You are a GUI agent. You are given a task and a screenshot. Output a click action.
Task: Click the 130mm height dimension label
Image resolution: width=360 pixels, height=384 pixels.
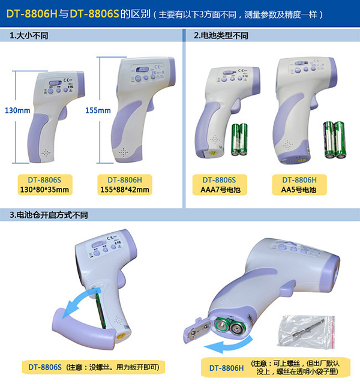tap(17, 110)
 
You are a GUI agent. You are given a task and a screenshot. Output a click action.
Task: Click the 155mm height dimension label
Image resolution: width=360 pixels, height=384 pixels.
tap(98, 110)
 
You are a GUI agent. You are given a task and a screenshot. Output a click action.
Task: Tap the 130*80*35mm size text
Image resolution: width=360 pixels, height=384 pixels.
tap(44, 190)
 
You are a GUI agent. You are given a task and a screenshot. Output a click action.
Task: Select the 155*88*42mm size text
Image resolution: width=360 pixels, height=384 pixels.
tap(125, 190)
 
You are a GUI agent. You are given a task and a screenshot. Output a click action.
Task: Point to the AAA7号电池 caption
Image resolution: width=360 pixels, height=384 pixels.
tap(220, 190)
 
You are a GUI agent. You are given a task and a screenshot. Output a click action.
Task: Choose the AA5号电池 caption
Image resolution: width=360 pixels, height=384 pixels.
tap(299, 190)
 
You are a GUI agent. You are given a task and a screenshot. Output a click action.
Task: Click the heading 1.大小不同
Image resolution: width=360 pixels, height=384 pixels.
tap(29, 36)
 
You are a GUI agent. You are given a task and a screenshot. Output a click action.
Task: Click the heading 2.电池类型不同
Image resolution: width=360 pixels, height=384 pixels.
tap(221, 36)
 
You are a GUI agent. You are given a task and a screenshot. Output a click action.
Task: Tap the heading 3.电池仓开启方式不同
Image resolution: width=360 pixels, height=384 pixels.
tap(49, 215)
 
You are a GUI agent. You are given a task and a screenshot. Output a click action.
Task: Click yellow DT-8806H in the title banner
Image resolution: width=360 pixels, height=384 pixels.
tap(32, 14)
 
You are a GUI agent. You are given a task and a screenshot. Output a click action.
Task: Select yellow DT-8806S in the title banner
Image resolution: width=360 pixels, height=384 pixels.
tap(95, 14)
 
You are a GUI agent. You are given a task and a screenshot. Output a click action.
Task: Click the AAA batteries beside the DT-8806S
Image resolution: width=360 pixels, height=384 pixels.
tap(239, 139)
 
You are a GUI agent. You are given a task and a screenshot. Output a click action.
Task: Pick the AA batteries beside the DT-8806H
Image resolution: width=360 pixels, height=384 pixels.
tap(335, 140)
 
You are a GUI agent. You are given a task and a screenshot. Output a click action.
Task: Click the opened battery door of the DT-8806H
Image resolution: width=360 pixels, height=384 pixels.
tap(197, 330)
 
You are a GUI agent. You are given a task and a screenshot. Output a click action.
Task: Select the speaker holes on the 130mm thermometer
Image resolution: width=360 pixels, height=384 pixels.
tap(46, 154)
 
